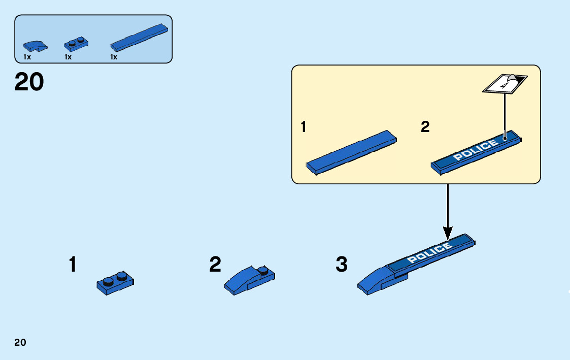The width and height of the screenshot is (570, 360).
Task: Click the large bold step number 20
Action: coord(29,82)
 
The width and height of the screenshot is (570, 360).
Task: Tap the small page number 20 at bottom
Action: coord(20,342)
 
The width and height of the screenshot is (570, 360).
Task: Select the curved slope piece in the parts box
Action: coord(37,46)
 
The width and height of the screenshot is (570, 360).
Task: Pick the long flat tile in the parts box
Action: coord(139,38)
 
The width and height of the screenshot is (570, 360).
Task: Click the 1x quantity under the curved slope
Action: coord(27,57)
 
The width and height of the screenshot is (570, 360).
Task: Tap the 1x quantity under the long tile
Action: coord(114,57)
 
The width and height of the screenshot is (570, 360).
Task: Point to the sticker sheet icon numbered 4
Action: coord(505,84)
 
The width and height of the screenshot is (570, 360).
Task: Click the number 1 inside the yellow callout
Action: coord(304,127)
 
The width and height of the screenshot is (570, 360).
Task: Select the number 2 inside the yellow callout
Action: coord(425,127)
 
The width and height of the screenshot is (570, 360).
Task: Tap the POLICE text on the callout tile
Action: coord(476,151)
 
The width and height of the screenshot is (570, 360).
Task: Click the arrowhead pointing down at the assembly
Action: coord(448,233)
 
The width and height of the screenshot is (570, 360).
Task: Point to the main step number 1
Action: coord(73,265)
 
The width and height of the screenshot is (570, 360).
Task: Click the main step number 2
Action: coord(215,265)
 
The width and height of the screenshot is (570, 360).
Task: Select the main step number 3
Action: coord(342,265)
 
